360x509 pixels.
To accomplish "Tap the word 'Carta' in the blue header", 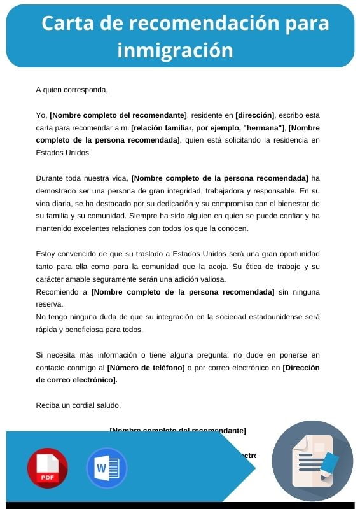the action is pyautogui.click(x=67, y=23).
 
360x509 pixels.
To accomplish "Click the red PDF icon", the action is pyautogui.click(x=47, y=468).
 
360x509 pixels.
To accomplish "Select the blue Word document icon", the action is pyautogui.click(x=106, y=468).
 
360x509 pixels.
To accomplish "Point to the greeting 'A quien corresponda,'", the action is pyautogui.click(x=72, y=90).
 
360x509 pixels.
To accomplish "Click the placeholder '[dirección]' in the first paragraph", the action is pyautogui.click(x=254, y=115).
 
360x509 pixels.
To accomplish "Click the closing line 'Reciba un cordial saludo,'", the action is pyautogui.click(x=78, y=405).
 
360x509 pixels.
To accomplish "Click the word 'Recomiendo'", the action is pyautogui.click(x=57, y=292).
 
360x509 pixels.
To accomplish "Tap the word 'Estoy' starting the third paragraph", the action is pyautogui.click(x=46, y=254).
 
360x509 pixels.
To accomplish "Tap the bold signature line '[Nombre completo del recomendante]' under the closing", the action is pyautogui.click(x=177, y=431).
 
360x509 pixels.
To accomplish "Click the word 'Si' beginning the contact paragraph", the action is pyautogui.click(x=39, y=354).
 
